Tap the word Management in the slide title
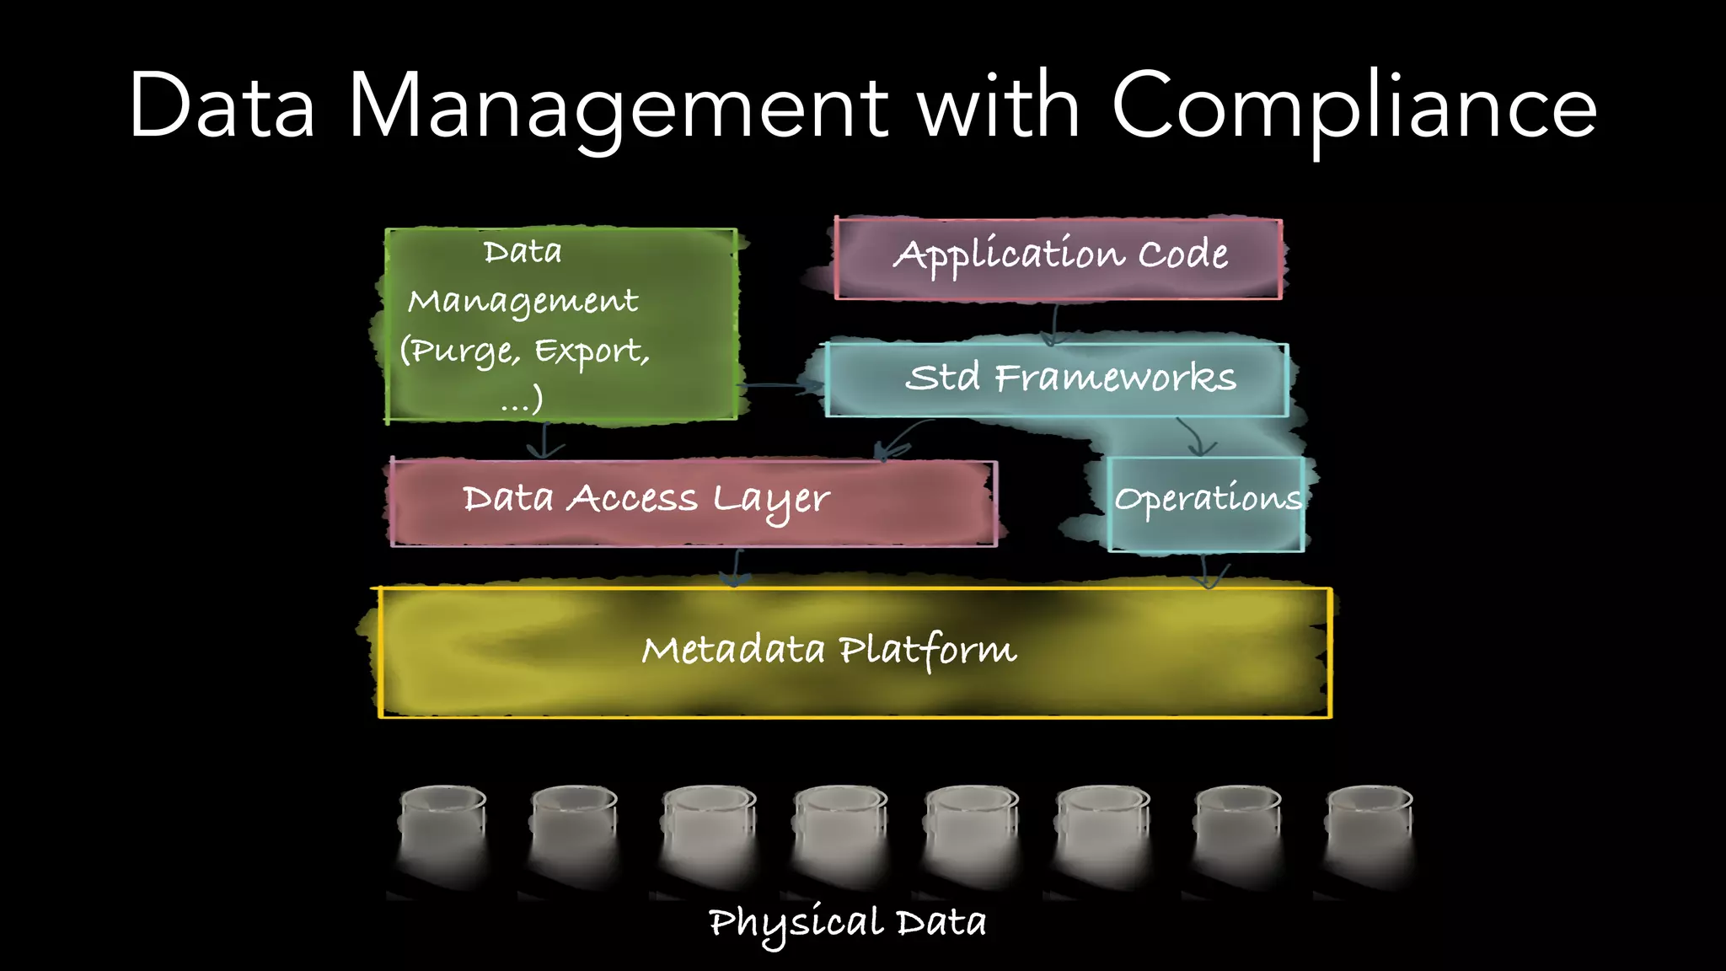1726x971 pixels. (618, 108)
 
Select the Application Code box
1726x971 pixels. (1059, 257)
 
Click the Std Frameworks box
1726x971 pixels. (1057, 378)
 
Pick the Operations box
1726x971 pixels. (1206, 502)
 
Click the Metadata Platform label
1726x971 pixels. (829, 650)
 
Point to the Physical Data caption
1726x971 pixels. (846, 924)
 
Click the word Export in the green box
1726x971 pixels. (589, 350)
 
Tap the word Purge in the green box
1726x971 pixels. (460, 350)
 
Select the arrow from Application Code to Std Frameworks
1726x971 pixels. (1053, 325)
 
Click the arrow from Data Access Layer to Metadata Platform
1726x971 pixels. (737, 567)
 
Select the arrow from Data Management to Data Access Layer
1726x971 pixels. (544, 440)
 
